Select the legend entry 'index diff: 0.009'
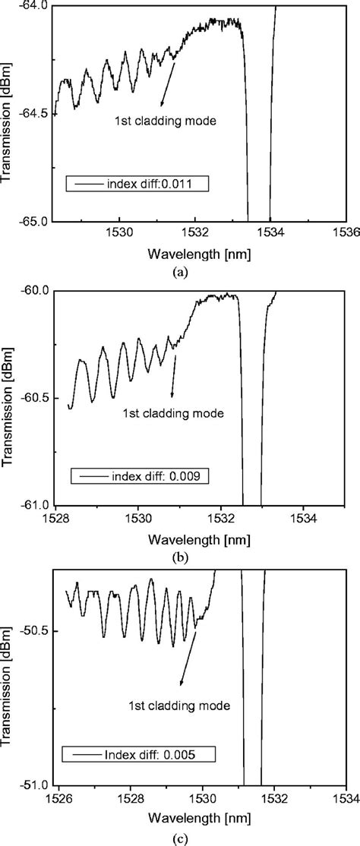coord(141,476)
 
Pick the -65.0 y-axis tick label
coord(31,222)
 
